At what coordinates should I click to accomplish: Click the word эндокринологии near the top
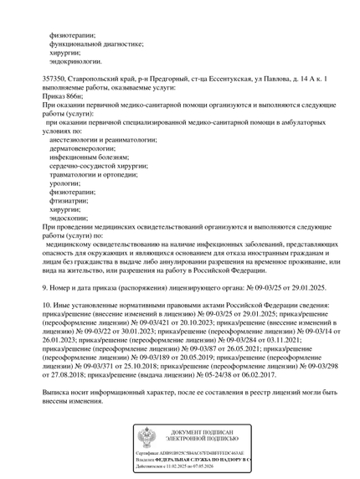76,61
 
